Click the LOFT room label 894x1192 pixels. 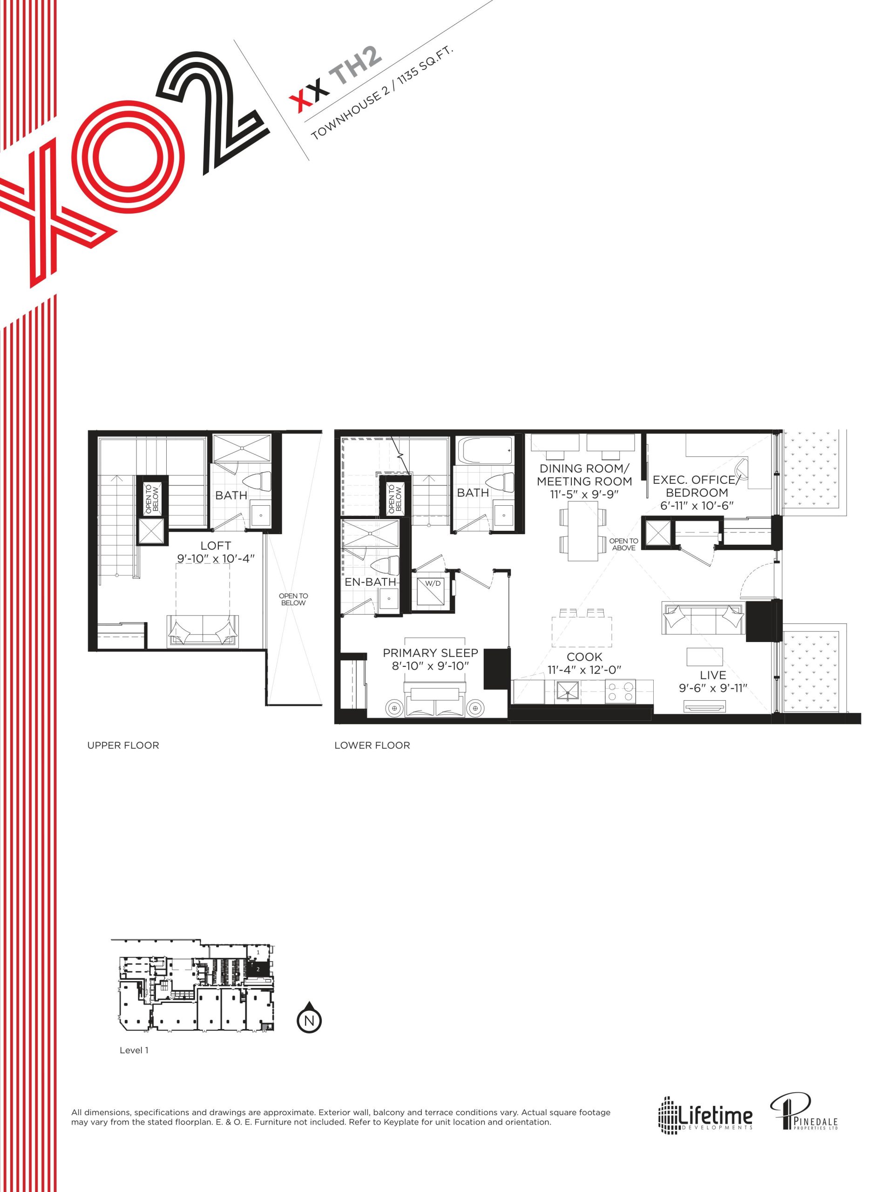(x=216, y=546)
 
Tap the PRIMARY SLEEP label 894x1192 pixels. (x=430, y=653)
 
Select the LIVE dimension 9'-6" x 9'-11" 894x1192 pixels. (x=713, y=688)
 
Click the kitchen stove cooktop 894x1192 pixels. (x=620, y=691)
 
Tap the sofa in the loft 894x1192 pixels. (x=202, y=631)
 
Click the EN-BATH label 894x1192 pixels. (x=370, y=582)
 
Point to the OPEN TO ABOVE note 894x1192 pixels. (x=623, y=544)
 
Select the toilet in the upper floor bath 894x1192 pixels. (x=258, y=481)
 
